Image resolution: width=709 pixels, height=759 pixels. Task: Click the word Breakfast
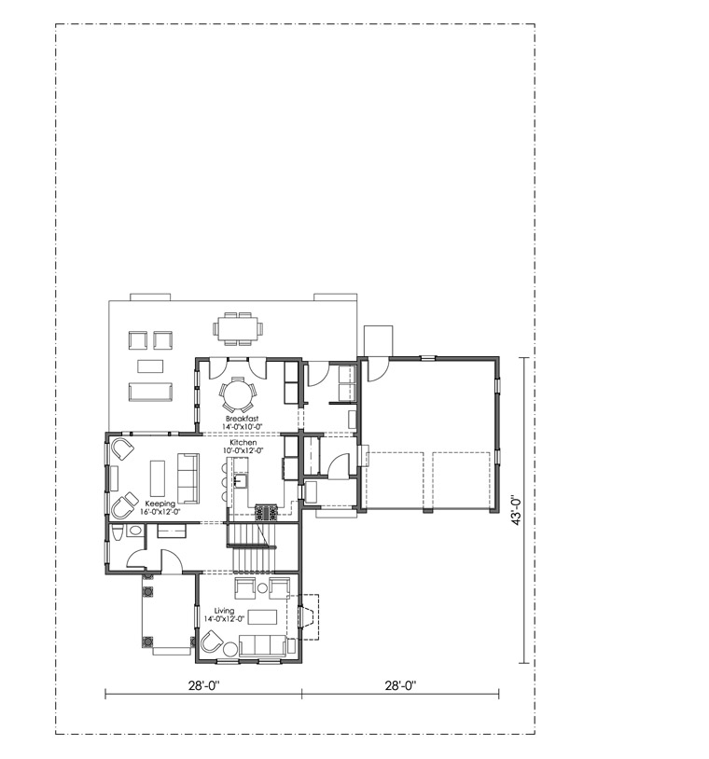[242, 419]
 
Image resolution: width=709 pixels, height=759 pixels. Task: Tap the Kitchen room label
[243, 442]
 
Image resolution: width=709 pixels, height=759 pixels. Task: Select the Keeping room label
[160, 504]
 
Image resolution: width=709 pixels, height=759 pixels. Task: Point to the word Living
[224, 611]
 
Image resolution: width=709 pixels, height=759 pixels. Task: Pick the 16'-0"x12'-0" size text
[160, 512]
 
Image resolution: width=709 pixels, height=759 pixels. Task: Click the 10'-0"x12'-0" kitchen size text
[243, 450]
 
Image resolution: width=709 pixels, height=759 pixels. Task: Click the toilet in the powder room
[117, 534]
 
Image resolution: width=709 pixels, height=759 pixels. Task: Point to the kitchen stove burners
[267, 512]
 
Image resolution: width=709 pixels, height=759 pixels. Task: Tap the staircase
[252, 547]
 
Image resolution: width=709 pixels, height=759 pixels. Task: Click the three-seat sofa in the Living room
[262, 645]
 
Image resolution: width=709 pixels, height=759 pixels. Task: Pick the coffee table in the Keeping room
[158, 478]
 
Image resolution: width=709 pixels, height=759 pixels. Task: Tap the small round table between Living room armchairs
[262, 588]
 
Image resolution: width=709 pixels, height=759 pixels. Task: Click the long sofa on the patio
[150, 392]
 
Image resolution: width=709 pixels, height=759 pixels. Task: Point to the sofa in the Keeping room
[188, 478]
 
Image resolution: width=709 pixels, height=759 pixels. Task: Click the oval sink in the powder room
[134, 531]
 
